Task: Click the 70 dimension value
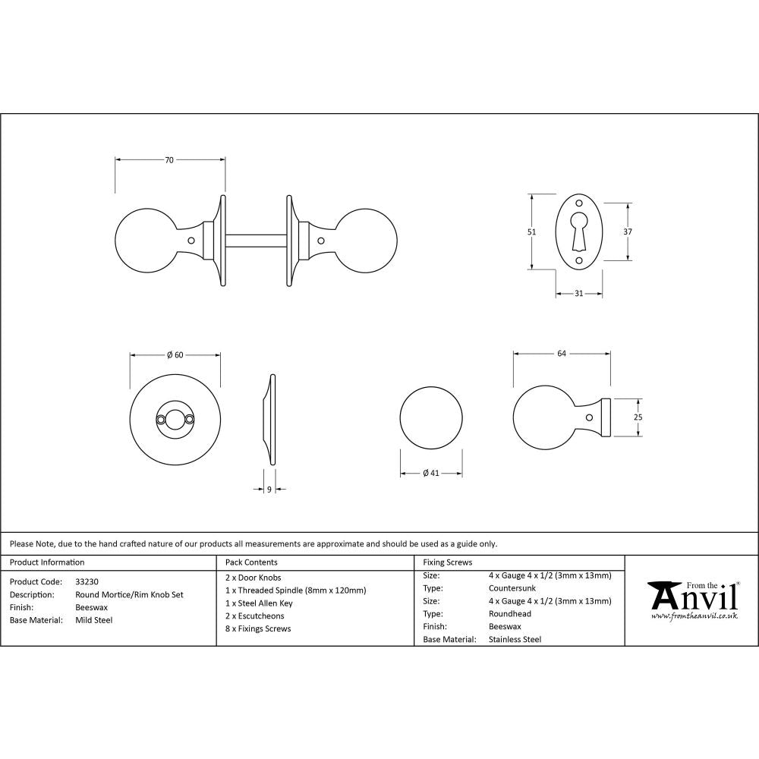tap(169, 160)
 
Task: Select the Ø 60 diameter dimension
tap(175, 354)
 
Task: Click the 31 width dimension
tap(579, 294)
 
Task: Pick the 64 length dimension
tap(562, 353)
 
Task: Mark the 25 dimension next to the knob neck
tap(638, 417)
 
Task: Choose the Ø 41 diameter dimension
tap(430, 474)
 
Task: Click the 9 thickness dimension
tap(269, 490)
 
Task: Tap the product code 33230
tap(87, 582)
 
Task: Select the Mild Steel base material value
tap(94, 620)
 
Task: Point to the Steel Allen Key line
tap(259, 603)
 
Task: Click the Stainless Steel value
tap(515, 640)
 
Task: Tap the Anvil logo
tap(692, 600)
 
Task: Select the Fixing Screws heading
tap(448, 562)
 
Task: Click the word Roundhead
tap(510, 614)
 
